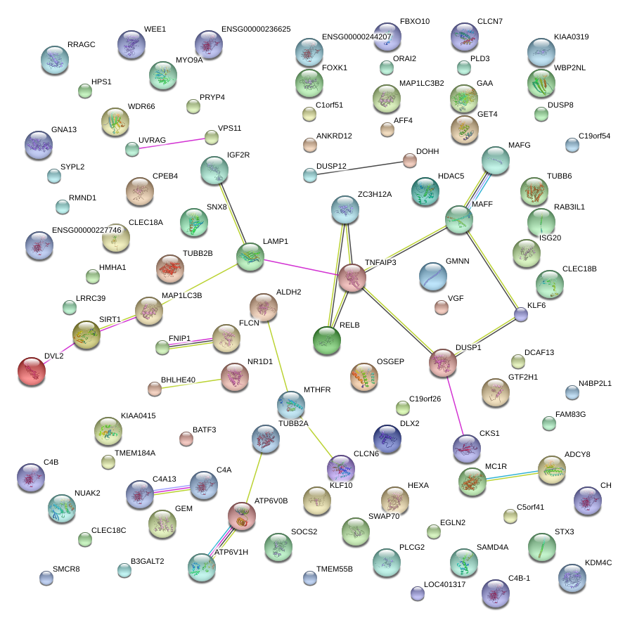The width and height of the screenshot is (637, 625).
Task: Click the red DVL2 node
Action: [x=31, y=371]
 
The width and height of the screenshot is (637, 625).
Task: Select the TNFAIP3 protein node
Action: [x=352, y=278]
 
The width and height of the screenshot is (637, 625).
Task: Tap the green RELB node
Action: [x=327, y=340]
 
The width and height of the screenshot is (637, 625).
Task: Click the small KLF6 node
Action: [x=521, y=314]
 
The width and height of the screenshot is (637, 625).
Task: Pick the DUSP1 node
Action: [x=443, y=362]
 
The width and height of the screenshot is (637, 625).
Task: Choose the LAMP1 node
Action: [x=250, y=257]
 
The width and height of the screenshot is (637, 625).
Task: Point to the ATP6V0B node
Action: [x=242, y=516]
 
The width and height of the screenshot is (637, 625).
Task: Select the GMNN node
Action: [x=432, y=276]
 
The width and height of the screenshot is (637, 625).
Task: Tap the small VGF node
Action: [x=441, y=307]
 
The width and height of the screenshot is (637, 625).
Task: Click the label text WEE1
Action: [x=155, y=30]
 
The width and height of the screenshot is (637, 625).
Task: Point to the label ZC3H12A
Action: [x=375, y=193]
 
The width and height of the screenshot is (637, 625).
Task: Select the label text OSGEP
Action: [x=391, y=361]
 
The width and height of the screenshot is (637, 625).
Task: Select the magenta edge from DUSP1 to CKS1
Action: [x=455, y=405]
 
